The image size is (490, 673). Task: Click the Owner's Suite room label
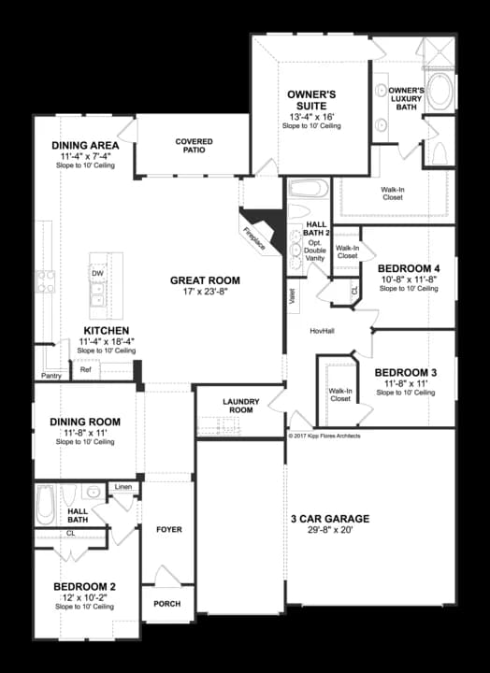click(x=311, y=100)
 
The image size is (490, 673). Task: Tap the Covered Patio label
click(x=194, y=147)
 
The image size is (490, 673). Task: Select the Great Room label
click(x=205, y=279)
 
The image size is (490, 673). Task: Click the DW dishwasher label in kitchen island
click(x=97, y=273)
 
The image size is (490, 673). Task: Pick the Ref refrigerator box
click(x=85, y=369)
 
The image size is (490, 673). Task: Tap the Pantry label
click(x=50, y=376)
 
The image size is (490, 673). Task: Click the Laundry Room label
click(x=239, y=406)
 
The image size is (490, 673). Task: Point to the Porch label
click(x=168, y=603)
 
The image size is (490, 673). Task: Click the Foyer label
click(x=168, y=529)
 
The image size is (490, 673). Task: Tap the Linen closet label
click(x=123, y=487)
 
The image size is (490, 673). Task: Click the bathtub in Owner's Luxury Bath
click(x=440, y=91)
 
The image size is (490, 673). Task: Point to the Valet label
click(x=293, y=300)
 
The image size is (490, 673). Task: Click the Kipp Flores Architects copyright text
click(x=324, y=436)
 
